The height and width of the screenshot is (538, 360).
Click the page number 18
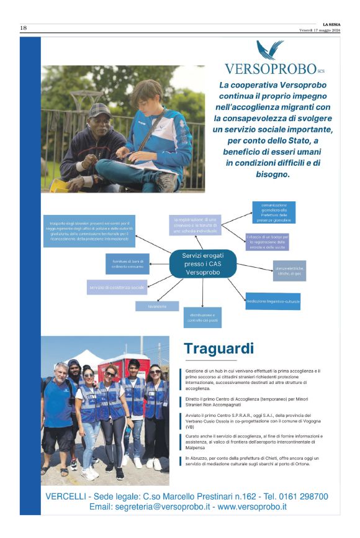pos(24,28)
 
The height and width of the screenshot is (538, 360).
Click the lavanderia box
pos(157,306)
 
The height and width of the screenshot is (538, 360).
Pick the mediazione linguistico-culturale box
pos(272,301)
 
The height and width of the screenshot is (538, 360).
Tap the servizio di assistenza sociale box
pos(117,288)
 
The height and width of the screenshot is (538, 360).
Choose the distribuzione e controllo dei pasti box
pos(202,317)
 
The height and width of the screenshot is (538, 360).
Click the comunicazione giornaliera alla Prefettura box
pos(274,212)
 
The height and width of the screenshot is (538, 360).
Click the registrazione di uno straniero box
pos(195,225)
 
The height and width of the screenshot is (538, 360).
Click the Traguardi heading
pos(218,348)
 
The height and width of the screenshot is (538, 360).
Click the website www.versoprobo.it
pos(251,507)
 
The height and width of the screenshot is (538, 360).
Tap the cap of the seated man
pos(99,110)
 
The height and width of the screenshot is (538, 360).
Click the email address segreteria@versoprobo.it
pos(156,507)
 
